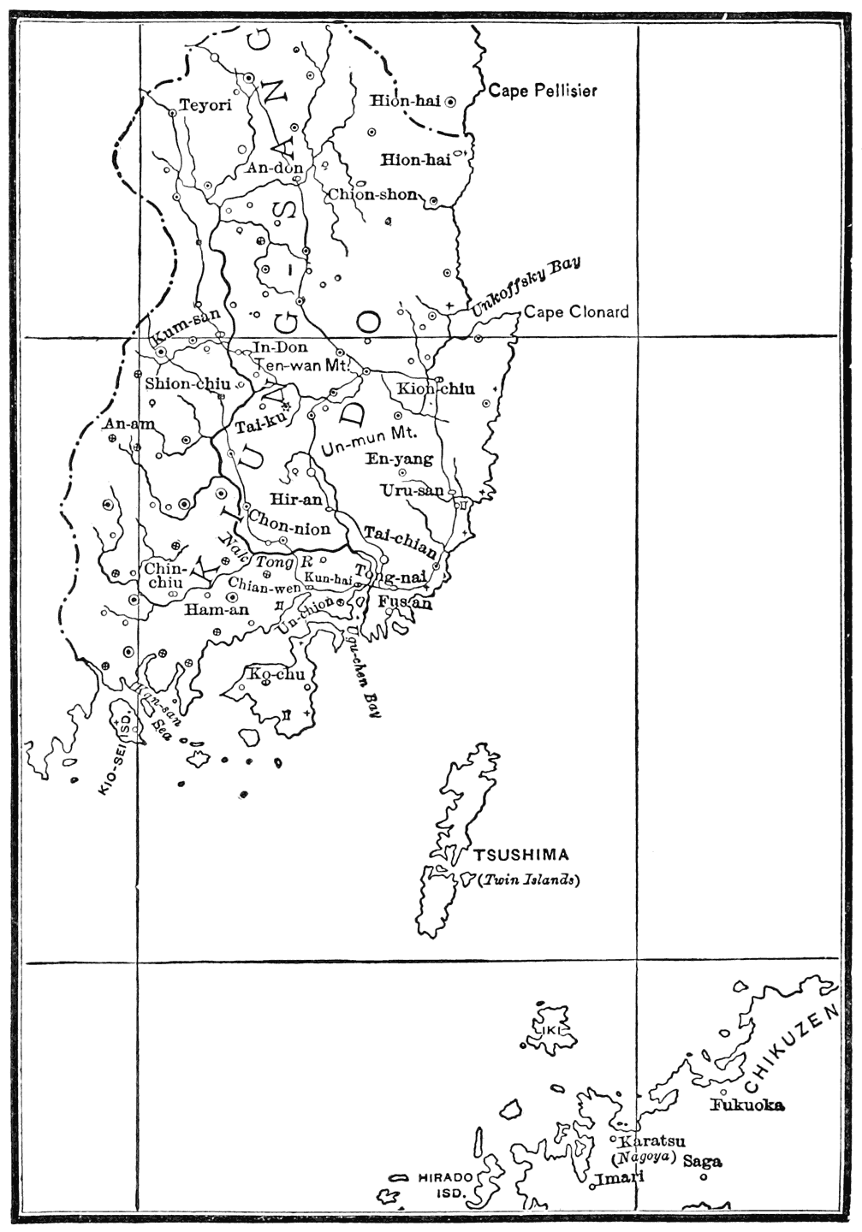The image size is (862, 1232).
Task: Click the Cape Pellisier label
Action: [x=542, y=91]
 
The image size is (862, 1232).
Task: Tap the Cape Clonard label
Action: [x=576, y=311]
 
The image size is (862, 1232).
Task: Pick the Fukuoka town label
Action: [x=747, y=1105]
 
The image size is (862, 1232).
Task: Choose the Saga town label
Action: [x=702, y=1161]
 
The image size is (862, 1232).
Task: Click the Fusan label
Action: [x=404, y=603]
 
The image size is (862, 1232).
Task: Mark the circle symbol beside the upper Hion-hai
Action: [x=449, y=101]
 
